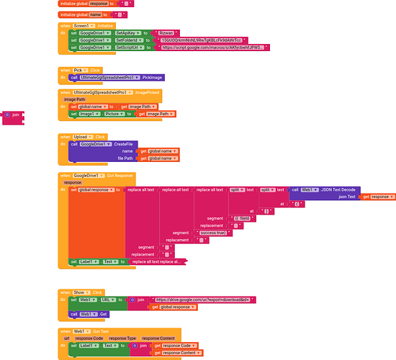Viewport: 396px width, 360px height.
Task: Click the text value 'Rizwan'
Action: [168, 32]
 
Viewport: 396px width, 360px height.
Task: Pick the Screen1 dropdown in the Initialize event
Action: [85, 24]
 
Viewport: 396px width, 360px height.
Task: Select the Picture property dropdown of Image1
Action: [114, 114]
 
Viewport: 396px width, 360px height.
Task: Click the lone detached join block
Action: [13, 114]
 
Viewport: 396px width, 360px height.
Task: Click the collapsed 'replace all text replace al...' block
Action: [157, 262]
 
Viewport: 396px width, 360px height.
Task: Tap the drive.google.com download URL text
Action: [195, 299]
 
